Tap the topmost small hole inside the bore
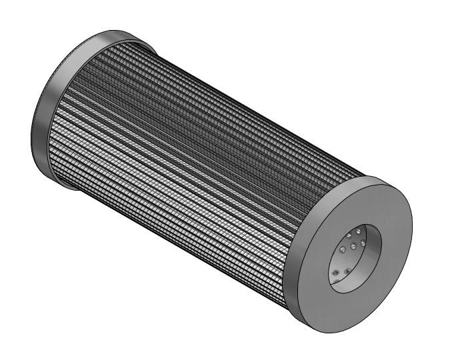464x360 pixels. [358, 231]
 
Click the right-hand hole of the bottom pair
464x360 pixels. [347, 271]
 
